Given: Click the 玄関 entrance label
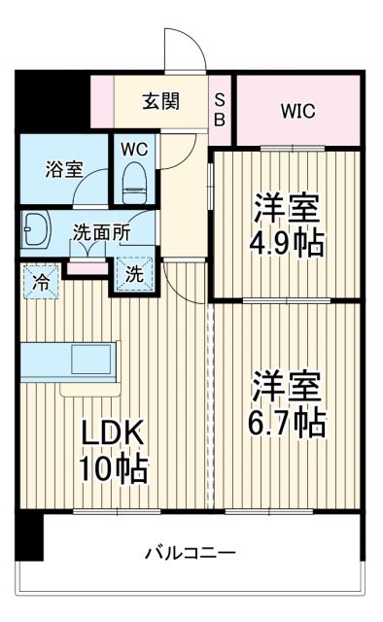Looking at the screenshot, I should pos(161,100).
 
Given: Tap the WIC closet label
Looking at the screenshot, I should pos(298,110).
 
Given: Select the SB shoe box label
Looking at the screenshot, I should pos(220,109).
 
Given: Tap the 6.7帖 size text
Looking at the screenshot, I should pos(289,421).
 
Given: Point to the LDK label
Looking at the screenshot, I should pos(112,433).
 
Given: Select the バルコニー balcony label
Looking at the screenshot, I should pos(191,553).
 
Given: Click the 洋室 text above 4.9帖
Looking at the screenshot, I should pos(289,206).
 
